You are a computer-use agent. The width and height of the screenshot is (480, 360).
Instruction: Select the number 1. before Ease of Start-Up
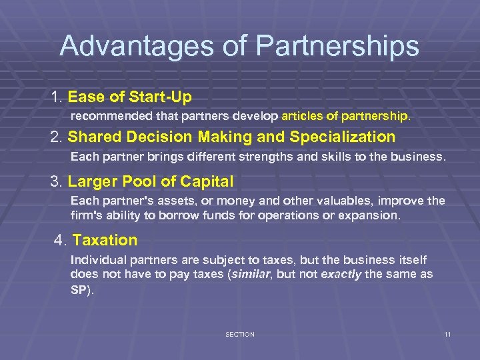coord(57,97)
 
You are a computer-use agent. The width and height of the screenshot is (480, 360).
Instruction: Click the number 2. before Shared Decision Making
coord(57,137)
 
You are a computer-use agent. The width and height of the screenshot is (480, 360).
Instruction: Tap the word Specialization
coord(343,137)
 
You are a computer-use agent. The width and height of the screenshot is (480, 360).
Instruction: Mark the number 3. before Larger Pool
coord(57,181)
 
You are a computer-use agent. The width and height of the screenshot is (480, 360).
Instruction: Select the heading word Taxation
coord(105,240)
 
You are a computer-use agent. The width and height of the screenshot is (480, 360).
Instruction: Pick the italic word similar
coord(253,275)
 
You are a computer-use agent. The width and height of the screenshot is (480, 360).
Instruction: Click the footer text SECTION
coord(239,334)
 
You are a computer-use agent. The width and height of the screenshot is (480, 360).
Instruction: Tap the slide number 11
coord(447,334)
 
